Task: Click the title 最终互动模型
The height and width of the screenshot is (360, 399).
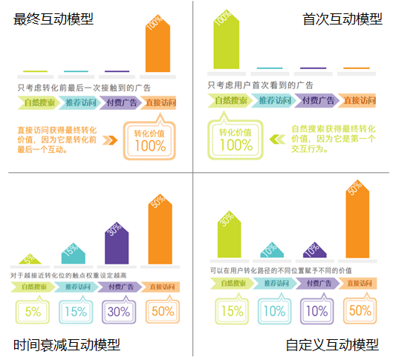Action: (x=54, y=19)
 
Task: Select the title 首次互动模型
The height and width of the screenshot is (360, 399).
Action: (x=343, y=19)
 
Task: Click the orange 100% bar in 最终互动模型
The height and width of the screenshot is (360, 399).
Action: (x=157, y=45)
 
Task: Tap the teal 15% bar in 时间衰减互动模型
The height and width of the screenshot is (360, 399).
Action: (x=71, y=252)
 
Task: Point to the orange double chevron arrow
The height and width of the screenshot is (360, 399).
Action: (x=111, y=138)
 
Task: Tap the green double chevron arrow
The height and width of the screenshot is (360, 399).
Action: (x=277, y=138)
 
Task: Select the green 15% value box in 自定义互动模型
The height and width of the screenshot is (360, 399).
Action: (x=233, y=310)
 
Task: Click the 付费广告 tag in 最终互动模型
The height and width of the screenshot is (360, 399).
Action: (x=120, y=102)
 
